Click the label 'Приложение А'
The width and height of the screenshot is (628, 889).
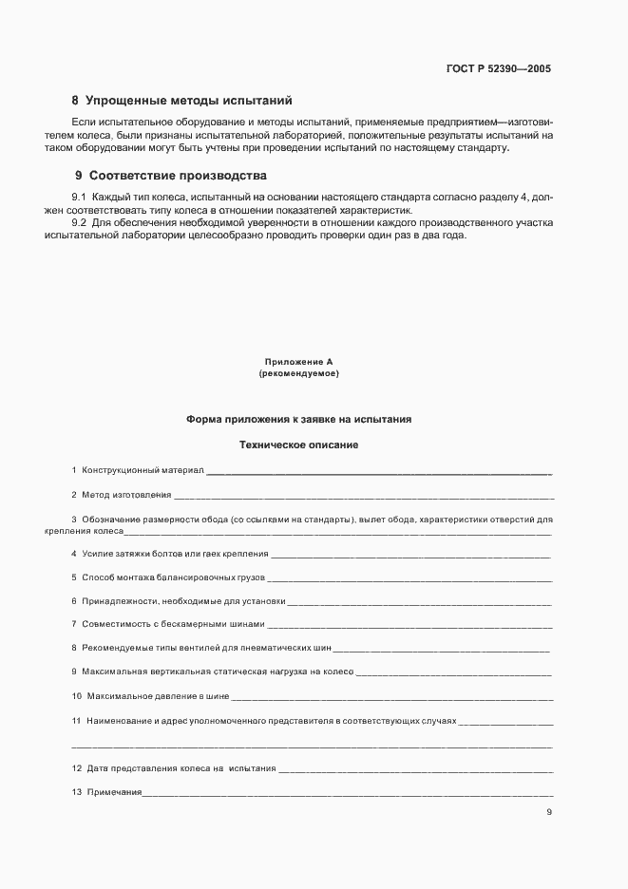(x=298, y=362)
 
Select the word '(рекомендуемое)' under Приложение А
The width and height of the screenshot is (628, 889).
(x=298, y=374)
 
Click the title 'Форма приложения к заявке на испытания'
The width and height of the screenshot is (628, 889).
(x=298, y=419)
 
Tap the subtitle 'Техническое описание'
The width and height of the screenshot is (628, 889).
(x=298, y=444)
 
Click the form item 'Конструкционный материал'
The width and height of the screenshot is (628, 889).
(x=143, y=470)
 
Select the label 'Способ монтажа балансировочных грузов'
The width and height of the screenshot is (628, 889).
(x=174, y=577)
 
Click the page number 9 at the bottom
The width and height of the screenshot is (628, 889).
(x=549, y=811)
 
